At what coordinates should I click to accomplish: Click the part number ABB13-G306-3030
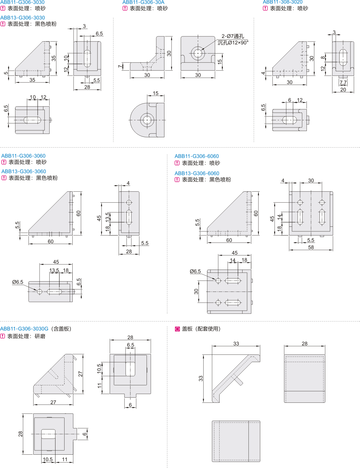click(x=23, y=18)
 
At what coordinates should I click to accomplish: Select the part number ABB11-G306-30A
click(x=143, y=2)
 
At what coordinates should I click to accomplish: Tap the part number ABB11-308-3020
click(x=282, y=2)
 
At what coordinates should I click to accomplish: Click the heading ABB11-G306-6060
click(x=197, y=156)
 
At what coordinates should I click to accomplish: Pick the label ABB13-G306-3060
click(x=24, y=172)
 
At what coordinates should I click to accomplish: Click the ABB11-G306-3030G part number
click(x=24, y=329)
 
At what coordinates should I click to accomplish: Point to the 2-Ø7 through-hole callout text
click(x=233, y=36)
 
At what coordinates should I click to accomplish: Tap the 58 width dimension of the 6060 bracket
click(x=311, y=247)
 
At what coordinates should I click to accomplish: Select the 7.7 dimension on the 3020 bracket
click(x=343, y=82)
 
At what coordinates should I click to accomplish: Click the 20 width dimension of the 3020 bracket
click(x=343, y=90)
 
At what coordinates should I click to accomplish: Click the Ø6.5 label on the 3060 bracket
click(x=18, y=282)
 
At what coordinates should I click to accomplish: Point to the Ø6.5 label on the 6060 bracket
click(x=195, y=271)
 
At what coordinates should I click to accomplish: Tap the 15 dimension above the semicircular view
click(x=155, y=93)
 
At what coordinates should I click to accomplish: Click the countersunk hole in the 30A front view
click(x=198, y=53)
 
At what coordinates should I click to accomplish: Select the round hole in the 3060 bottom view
click(x=40, y=292)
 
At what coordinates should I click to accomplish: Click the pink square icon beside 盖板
click(x=177, y=329)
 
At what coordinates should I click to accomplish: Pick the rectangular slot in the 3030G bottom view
click(x=48, y=434)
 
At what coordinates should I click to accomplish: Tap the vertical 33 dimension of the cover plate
click(x=201, y=378)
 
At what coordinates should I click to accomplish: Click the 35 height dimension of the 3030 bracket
click(x=54, y=58)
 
